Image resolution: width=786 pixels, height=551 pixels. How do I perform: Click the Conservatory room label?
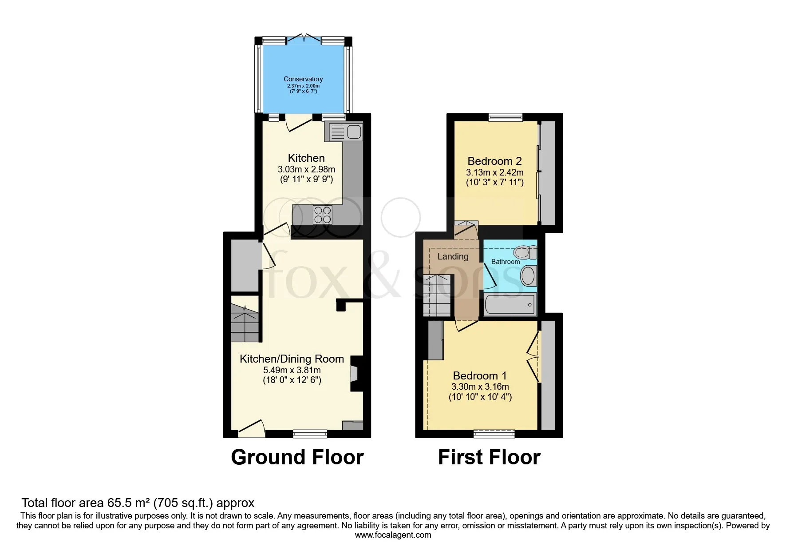[303, 79]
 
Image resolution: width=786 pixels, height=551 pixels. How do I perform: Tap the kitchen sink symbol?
[344, 132]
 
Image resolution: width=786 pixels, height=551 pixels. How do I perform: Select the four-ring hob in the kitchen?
[322, 215]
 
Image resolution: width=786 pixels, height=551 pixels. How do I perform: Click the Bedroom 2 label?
[494, 161]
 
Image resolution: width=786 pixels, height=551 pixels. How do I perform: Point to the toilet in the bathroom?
[525, 252]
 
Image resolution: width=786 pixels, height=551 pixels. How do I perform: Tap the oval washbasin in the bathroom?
[528, 276]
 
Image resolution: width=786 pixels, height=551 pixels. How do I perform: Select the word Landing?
[453, 256]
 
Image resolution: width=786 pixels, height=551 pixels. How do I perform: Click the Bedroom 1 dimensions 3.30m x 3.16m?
[480, 387]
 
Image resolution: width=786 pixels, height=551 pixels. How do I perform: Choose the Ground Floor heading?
[297, 457]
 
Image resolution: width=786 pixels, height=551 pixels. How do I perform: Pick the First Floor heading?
[489, 457]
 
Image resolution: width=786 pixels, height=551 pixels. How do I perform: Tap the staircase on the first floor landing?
[437, 295]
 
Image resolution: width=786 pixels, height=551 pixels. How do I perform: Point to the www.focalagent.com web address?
[393, 535]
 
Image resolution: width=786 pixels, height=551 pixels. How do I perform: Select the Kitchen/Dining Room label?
[292, 359]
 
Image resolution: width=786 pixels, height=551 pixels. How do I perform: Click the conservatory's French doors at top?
[304, 39]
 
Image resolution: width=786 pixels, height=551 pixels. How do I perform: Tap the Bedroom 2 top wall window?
[506, 118]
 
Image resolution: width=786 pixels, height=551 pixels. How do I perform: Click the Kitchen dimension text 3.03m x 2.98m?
[306, 169]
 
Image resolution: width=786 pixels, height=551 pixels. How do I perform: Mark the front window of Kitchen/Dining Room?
[310, 434]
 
